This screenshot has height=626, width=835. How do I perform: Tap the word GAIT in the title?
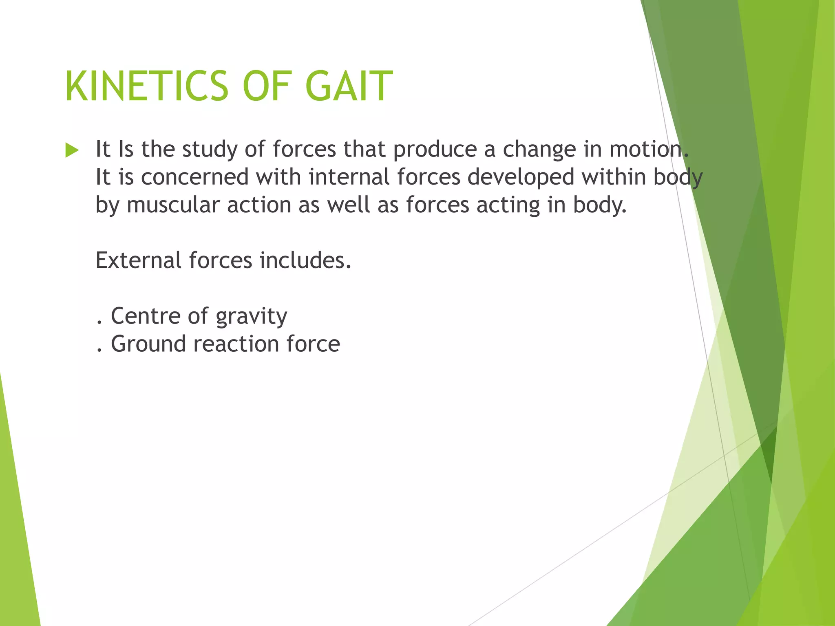pos(349,86)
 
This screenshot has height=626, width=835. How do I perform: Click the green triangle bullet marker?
pos(72,150)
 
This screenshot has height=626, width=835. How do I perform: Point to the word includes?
pos(305,260)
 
